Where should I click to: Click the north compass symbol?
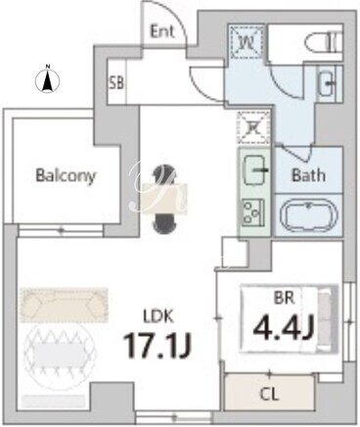point(48,79)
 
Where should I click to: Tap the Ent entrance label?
point(162,31)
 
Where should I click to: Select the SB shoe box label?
point(116,83)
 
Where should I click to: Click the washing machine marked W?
point(246,42)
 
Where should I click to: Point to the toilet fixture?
point(324,42)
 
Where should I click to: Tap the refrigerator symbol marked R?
point(254,128)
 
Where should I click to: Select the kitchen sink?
point(254,169)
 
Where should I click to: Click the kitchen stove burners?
point(253,213)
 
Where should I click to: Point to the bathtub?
point(308,214)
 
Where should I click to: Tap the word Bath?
point(308,175)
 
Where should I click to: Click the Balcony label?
point(66,176)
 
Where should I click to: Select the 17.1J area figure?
point(157,346)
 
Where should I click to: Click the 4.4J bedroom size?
point(283,327)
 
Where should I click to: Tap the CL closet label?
point(270,395)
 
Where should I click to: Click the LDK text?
point(158,316)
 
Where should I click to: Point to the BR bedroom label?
point(284,298)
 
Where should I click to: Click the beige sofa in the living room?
point(64,306)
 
